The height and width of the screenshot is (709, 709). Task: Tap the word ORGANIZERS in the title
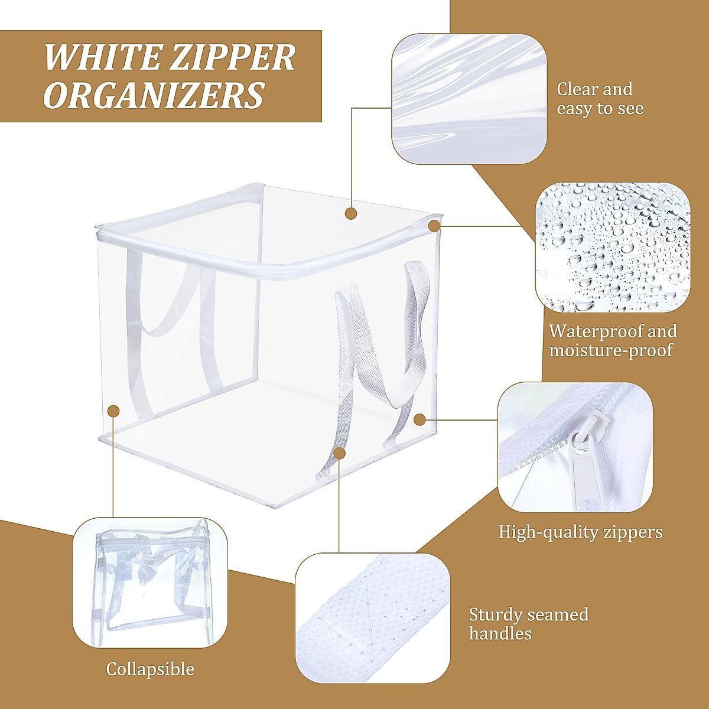coord(154,95)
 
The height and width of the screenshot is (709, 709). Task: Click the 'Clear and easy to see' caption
coord(599,99)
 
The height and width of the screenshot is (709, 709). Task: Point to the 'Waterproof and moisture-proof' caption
coord(613,340)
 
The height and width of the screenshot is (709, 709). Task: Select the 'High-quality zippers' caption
coord(580,532)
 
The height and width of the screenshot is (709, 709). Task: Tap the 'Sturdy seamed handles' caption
coord(528,624)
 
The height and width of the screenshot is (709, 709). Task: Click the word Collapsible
coord(150,669)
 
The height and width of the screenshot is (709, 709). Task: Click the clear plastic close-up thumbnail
coord(469,99)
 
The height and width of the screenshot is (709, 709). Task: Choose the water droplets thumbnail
coord(613,247)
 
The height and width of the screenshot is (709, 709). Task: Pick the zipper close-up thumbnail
coord(575,447)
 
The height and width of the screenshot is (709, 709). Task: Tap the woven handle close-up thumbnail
coord(373,618)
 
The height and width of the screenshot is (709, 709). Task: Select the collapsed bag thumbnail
coord(150,583)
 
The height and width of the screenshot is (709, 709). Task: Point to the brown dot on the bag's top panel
coord(351,213)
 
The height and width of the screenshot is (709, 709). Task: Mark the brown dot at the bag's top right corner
coord(434,226)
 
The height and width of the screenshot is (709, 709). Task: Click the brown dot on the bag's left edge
coord(113,411)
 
